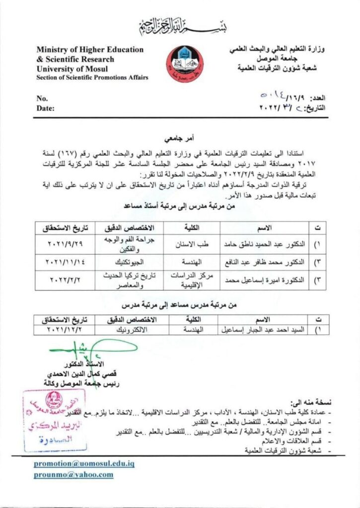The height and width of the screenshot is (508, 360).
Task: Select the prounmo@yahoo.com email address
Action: tap(73, 475)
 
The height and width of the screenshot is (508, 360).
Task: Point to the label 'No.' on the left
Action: tap(42, 98)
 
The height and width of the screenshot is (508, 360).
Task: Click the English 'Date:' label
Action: tap(45, 108)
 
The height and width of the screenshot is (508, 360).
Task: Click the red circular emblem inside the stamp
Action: tap(52, 401)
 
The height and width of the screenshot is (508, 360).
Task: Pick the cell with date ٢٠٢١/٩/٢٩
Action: tap(64, 245)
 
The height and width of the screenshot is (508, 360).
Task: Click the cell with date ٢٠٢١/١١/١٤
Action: tap(64, 262)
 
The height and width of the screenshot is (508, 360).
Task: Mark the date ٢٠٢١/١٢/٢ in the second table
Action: tap(64, 329)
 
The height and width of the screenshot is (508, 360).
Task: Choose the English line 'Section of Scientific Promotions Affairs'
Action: tap(92, 78)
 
